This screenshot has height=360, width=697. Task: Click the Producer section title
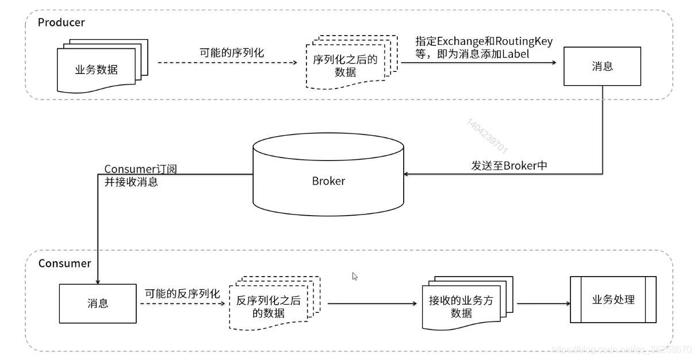coord(61,22)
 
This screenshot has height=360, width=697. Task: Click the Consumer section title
coord(64,263)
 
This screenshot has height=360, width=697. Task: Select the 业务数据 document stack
coord(98,69)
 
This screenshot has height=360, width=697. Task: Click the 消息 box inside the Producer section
coord(602,67)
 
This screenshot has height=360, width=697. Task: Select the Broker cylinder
coord(328,180)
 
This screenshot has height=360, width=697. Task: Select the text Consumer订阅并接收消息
coord(140,175)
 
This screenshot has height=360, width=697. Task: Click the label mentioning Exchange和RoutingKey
coord(484,47)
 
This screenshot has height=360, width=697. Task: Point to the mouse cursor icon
coord(355,276)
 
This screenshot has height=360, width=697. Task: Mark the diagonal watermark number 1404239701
coord(488,136)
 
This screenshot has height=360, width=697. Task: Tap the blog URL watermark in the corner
coord(621,349)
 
